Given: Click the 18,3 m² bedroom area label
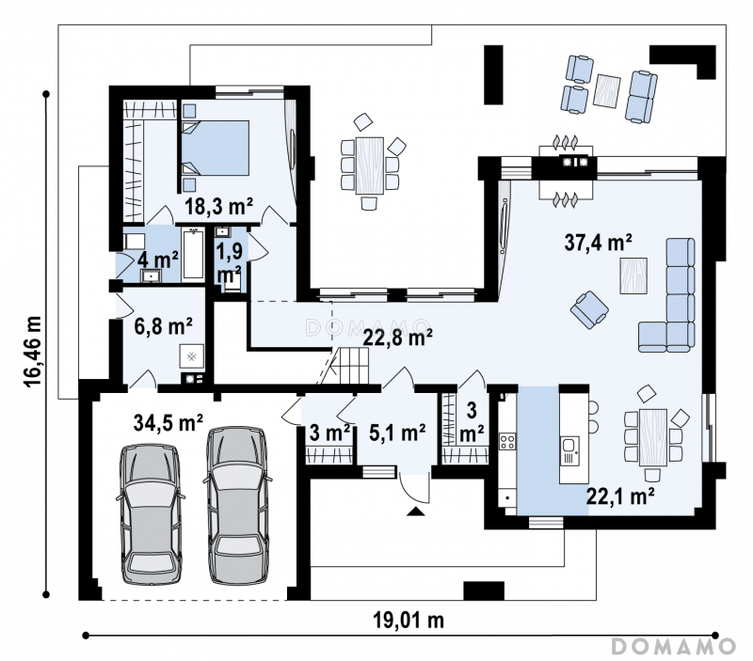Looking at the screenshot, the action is tap(218, 206).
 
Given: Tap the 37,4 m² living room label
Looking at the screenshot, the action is tap(598, 243).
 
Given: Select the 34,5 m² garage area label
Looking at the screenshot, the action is tap(168, 422).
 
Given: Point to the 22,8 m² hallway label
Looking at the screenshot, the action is tap(397, 338).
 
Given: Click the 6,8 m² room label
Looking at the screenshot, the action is tap(163, 326).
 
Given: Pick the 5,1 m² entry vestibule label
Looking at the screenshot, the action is tap(397, 433).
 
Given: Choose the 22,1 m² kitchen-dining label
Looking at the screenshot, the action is tap(620, 496).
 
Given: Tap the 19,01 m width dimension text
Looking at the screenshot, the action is tap(409, 621).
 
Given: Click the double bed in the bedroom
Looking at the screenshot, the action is tap(216, 148).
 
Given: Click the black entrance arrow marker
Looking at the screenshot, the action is tap(416, 511).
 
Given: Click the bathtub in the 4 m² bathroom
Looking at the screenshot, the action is tap(193, 253).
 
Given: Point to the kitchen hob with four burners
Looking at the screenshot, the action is tap(507, 441).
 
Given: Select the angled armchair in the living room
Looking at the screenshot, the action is tap(589, 310).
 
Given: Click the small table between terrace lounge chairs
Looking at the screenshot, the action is tap(606, 90).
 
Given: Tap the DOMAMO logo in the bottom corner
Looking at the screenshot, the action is tap(673, 646).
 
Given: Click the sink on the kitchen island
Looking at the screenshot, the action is tap(569, 451).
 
